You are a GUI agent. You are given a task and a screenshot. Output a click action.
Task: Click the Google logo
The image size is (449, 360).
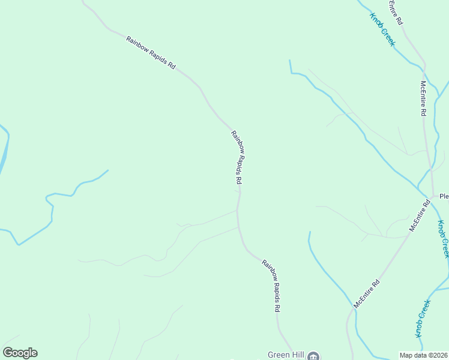20,353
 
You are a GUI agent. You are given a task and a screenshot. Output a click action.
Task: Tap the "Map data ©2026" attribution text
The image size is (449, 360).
424,355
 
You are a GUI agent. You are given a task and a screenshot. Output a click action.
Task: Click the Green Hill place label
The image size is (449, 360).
286,355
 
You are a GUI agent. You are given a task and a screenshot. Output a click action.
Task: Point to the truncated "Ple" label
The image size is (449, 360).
444,196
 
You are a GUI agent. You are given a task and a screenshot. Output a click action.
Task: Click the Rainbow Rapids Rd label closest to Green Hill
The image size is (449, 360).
271,285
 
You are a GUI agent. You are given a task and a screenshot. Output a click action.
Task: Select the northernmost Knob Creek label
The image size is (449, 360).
382,29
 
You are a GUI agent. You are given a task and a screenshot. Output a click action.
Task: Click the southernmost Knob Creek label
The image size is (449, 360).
423,318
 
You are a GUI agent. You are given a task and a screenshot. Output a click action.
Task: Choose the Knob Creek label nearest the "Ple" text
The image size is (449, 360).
443,239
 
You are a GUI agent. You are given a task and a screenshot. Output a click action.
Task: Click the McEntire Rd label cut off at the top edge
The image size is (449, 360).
394,12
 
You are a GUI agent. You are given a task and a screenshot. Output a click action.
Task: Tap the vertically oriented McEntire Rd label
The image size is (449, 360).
423,98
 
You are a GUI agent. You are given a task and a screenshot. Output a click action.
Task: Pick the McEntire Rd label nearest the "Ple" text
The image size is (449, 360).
420,216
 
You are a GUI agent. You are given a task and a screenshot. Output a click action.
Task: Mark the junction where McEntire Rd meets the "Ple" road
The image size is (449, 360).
433,196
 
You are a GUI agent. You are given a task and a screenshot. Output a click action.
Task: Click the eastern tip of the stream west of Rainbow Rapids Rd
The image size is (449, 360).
107,170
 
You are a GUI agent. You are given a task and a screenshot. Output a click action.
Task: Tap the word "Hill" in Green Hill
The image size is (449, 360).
296,355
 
